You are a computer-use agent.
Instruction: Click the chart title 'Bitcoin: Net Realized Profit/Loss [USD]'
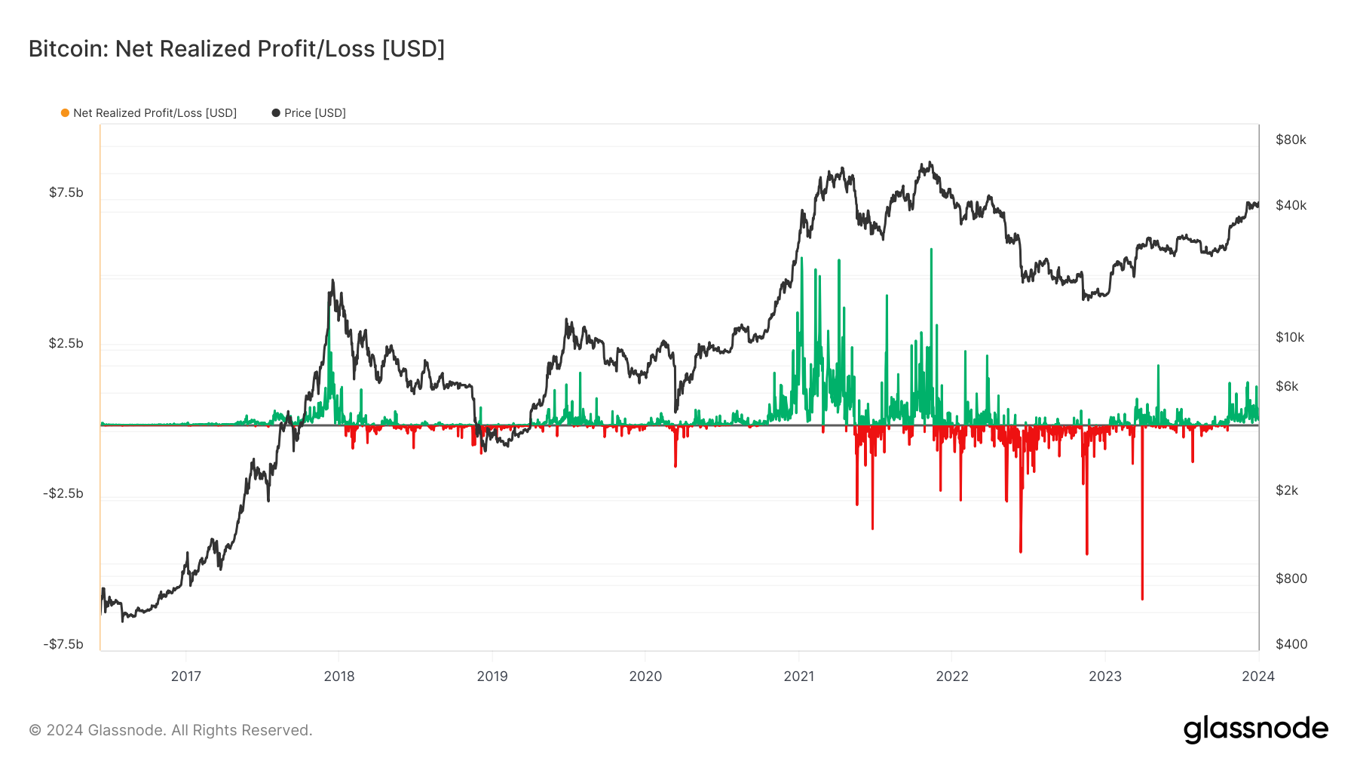[237, 49]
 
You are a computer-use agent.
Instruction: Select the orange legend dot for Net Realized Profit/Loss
[66, 113]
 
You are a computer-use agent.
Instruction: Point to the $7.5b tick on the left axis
[66, 192]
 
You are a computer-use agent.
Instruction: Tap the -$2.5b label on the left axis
[63, 493]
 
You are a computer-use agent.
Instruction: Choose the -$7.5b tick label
[63, 644]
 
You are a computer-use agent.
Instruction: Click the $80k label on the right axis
[1291, 140]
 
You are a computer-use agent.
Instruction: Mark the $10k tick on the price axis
[1290, 337]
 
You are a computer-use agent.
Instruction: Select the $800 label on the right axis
[1291, 578]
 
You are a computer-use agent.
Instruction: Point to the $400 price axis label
[1291, 644]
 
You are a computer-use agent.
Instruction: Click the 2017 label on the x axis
[186, 677]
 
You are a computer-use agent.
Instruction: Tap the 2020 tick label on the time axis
[645, 677]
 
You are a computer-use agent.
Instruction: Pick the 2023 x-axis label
[1105, 677]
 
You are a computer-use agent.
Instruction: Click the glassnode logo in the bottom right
[1255, 729]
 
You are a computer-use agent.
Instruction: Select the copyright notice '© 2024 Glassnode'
[170, 730]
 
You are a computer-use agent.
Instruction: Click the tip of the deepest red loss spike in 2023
[1142, 598]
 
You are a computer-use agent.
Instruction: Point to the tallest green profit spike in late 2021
[931, 250]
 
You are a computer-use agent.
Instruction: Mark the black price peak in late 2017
[332, 281]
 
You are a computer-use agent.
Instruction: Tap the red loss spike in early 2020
[675, 465]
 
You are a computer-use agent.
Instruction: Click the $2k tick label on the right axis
[1287, 490]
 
